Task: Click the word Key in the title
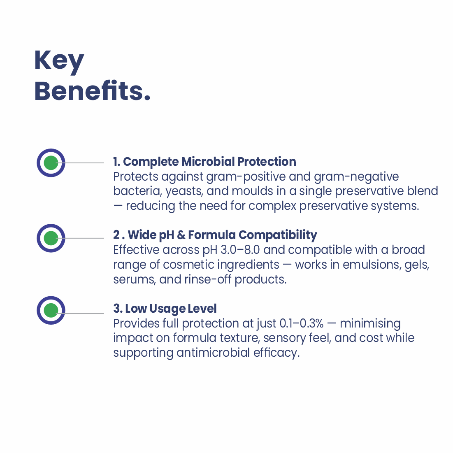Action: tap(59, 62)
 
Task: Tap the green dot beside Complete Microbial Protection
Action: tap(51, 163)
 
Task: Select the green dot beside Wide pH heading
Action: tap(51, 238)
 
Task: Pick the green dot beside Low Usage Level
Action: tap(51, 310)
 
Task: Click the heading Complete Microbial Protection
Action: tap(204, 162)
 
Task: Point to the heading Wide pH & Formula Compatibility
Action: tap(215, 235)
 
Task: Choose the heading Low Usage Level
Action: tap(165, 309)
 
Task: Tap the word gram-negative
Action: tap(356, 177)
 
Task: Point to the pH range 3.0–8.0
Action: tap(240, 250)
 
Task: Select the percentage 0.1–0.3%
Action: tap(302, 323)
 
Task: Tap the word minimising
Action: tap(370, 324)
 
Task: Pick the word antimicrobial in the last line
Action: tap(213, 353)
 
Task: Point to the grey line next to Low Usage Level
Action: tap(80, 314)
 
